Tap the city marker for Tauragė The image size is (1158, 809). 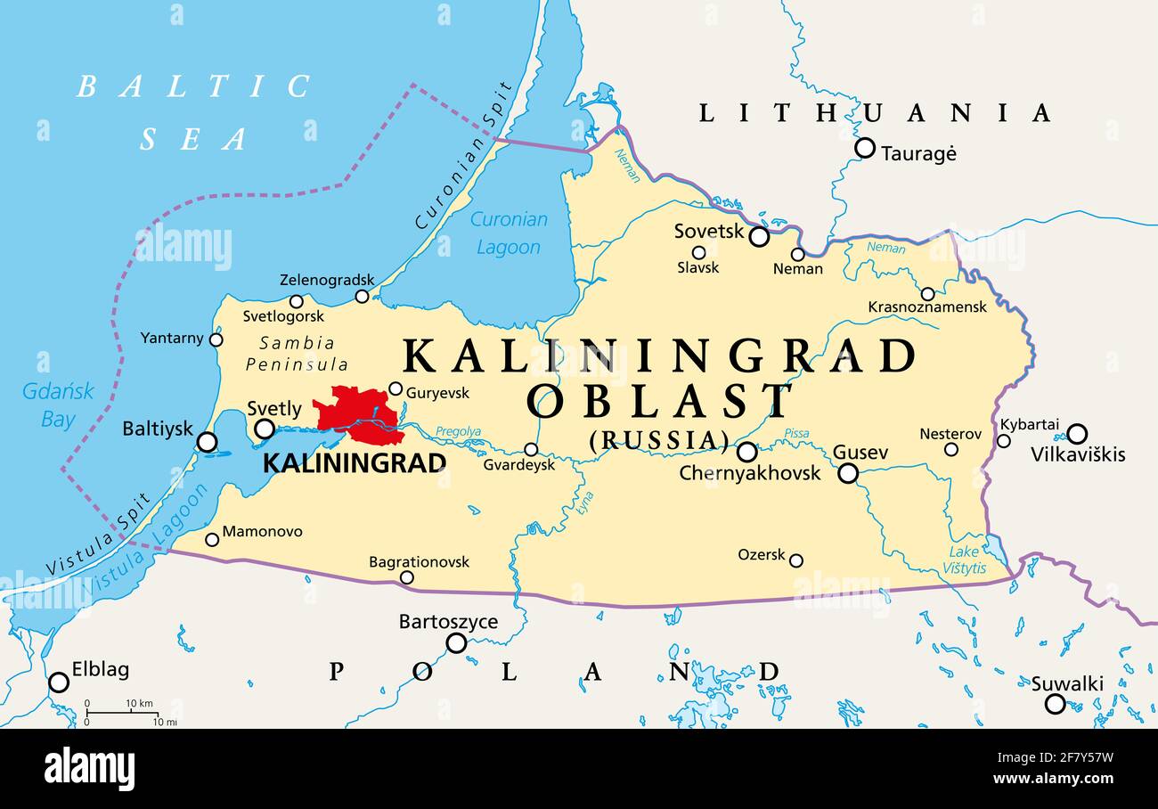(x=864, y=148)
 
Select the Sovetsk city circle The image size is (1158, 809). (x=759, y=236)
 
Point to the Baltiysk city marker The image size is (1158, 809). (x=207, y=442)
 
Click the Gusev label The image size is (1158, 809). (x=860, y=453)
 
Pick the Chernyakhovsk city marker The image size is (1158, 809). (x=746, y=452)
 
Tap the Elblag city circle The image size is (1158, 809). (x=59, y=682)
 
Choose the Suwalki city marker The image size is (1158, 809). (x=1055, y=704)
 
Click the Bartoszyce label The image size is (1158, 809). (x=448, y=622)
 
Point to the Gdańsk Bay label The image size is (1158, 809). (x=58, y=405)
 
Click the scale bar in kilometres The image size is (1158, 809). (x=122, y=712)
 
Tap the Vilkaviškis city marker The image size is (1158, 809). (x=1076, y=434)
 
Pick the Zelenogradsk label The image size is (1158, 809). (x=327, y=280)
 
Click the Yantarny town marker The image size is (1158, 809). (x=216, y=339)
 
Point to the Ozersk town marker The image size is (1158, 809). (x=795, y=560)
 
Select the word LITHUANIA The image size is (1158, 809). (x=874, y=113)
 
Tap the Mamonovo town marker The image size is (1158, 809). (x=212, y=539)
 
